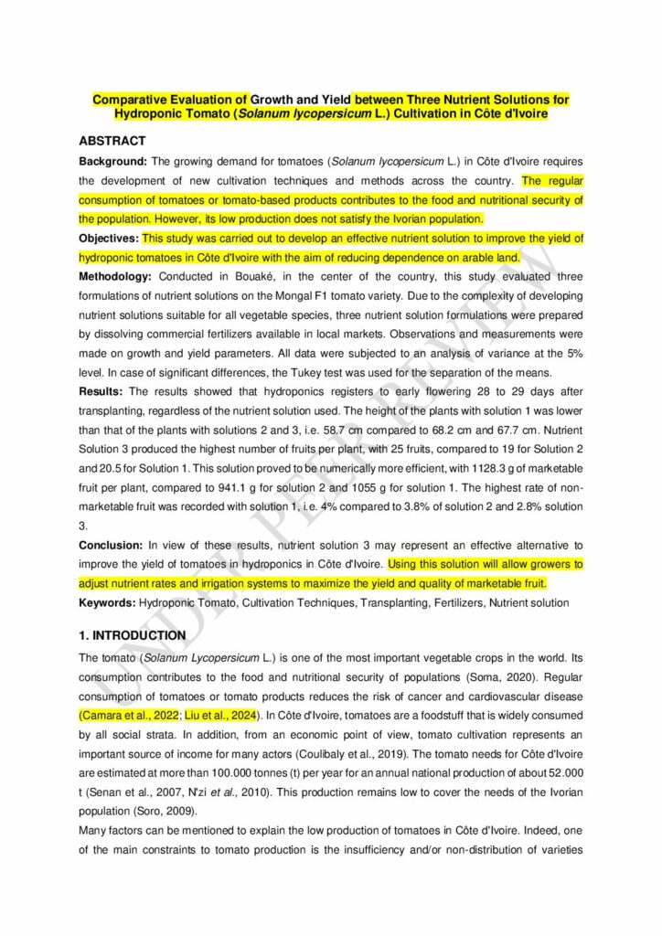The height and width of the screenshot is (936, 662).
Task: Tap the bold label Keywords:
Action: tap(108, 602)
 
